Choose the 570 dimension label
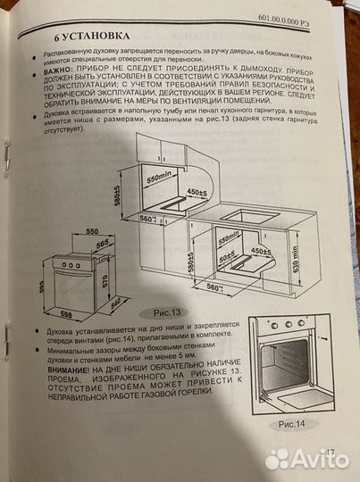105,281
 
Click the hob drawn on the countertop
247,215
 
